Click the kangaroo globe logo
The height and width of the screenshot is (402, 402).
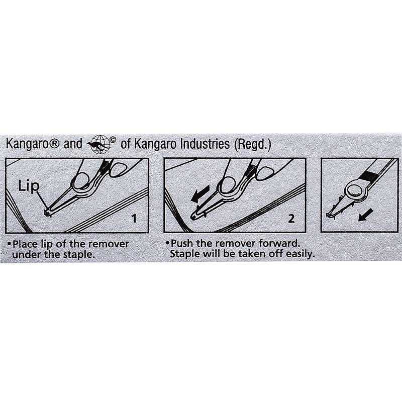coord(99,145)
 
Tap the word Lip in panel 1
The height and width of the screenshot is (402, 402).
coord(29,186)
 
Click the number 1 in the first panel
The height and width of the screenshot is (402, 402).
coord(134,219)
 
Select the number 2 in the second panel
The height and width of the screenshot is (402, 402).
coord(291,219)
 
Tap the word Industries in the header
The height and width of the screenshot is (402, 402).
coord(205,144)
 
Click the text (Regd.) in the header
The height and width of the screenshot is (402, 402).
coord(252,144)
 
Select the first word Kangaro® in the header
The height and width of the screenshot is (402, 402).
coord(33,144)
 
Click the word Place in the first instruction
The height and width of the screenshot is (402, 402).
coord(25,244)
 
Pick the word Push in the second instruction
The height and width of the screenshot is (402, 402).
coord(181,243)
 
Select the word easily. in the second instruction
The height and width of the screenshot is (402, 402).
coord(300,254)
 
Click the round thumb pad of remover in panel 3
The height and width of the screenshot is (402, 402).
coord(355,191)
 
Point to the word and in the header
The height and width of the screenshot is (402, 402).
coord(73,144)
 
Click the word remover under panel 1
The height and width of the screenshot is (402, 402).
coord(111,244)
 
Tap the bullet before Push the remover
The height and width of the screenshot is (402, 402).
coord(167,243)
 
